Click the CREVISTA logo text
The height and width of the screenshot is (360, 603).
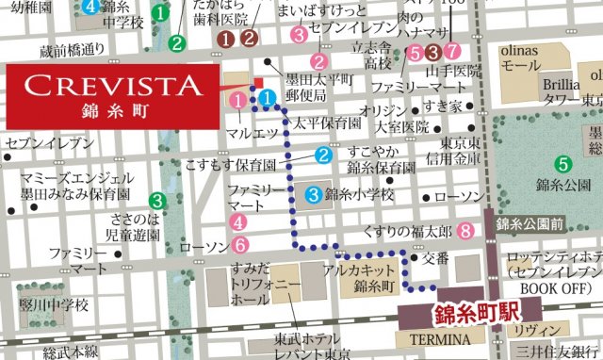point(113,86)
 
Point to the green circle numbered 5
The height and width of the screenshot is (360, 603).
point(562,162)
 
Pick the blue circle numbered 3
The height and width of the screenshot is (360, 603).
point(312,195)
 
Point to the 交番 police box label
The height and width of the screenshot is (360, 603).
point(435,256)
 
